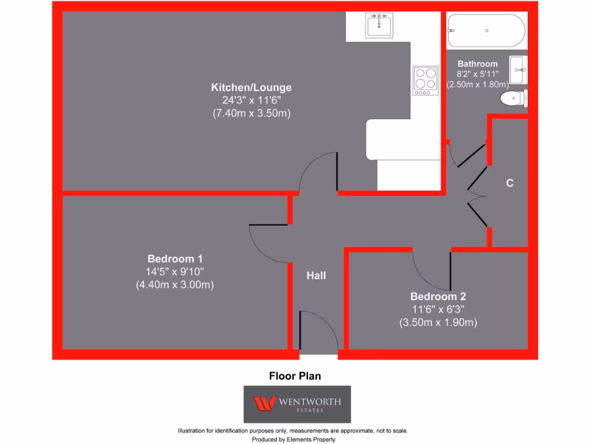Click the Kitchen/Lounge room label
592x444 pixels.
coord(251,88)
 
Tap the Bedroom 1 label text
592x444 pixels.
coord(175,258)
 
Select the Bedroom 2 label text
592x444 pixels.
coord(438,297)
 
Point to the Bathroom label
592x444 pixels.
coord(478,64)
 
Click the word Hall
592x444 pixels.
coord(316,276)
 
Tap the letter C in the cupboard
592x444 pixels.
coord(509,183)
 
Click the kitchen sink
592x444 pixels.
coord(379,26)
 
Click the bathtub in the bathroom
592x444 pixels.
coord(487,31)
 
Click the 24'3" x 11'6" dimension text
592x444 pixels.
coord(251,101)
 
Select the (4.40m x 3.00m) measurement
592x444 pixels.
coord(175,284)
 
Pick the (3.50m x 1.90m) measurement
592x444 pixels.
coord(438,323)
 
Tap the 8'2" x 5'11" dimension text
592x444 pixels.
coord(478,74)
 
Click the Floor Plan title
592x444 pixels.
coord(295,376)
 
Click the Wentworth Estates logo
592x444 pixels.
coord(297,404)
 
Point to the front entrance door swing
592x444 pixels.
coord(317,330)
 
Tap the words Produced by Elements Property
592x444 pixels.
coord(294,439)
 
